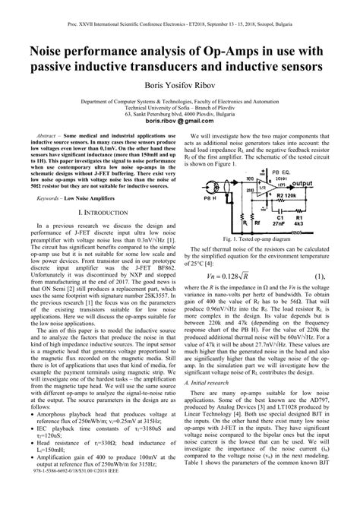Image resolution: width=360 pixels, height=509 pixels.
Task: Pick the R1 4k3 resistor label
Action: [299, 220]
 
